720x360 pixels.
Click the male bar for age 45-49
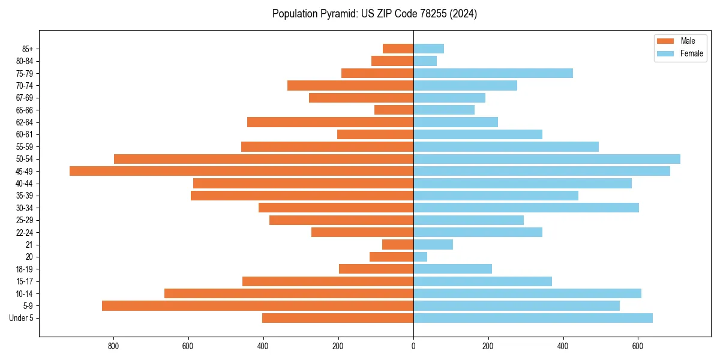[241, 171]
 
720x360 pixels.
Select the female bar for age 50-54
[547, 159]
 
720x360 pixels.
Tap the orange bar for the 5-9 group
[257, 305]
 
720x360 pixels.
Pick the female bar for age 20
[420, 257]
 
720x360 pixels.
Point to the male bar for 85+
[398, 49]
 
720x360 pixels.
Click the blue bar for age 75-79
[493, 73]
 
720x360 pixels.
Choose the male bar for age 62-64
[330, 122]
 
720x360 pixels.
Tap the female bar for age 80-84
[425, 61]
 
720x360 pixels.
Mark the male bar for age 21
[398, 244]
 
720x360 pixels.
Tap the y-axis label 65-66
[25, 110]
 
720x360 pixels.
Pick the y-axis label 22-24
[25, 232]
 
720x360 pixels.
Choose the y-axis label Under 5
[22, 318]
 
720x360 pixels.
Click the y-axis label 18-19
[25, 269]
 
